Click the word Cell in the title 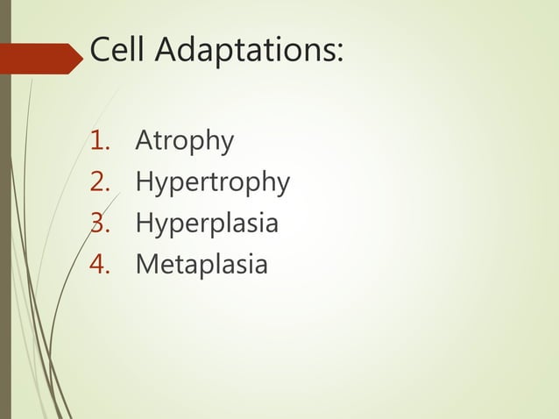118,53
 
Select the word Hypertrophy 212,183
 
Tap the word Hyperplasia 207,224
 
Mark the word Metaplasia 202,264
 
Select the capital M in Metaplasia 146,264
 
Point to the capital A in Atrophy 145,141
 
